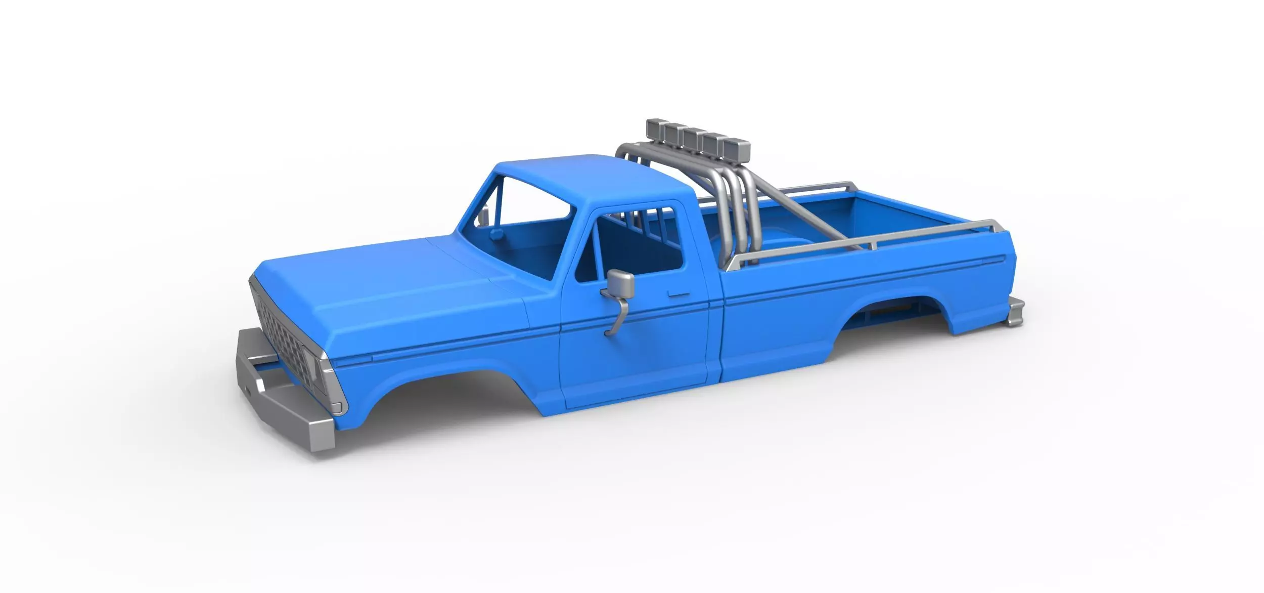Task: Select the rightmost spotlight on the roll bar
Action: [x=737, y=149]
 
